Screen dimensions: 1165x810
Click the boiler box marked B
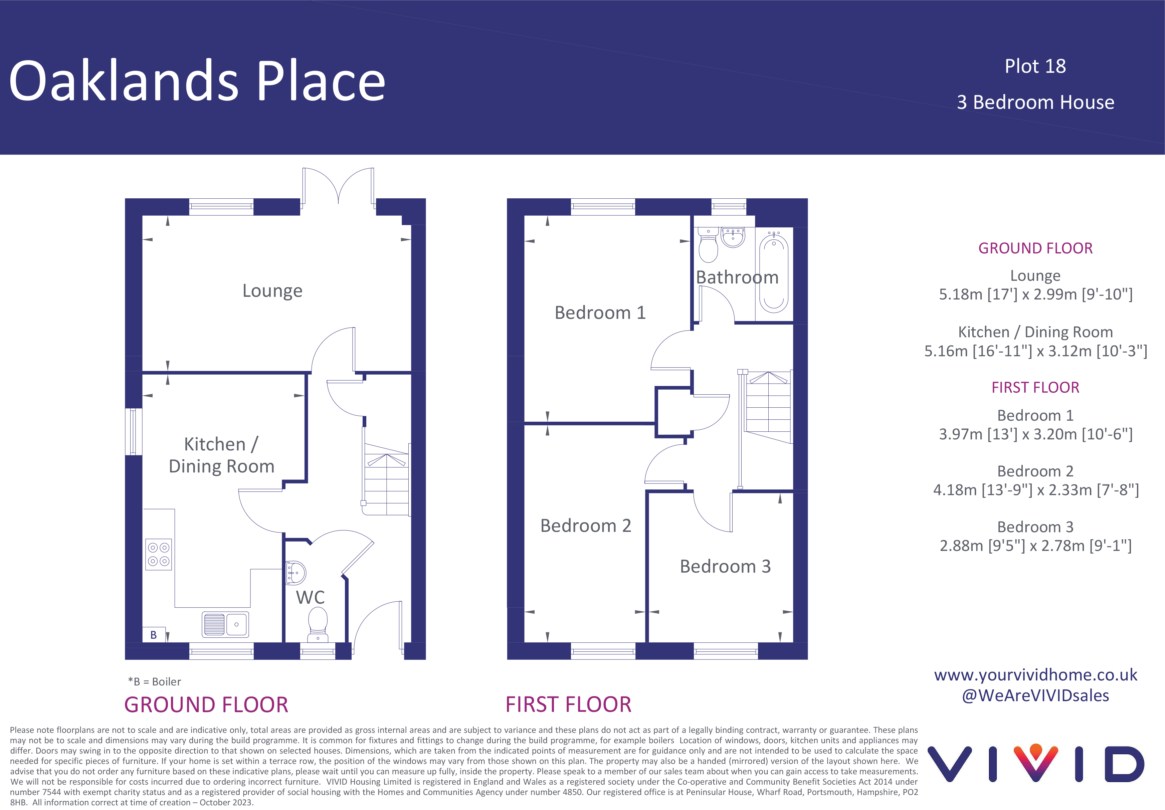pos(154,634)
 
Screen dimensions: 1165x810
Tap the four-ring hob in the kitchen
pos(158,554)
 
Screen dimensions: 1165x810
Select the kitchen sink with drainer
pos(225,624)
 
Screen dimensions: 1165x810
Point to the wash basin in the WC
pos(295,573)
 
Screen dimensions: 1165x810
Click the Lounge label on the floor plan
pos(272,291)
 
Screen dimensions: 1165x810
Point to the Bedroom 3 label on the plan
pos(725,566)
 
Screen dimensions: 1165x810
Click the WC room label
pos(310,597)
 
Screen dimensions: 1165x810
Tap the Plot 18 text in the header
pos(1035,66)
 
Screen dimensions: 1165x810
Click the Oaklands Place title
pos(197,80)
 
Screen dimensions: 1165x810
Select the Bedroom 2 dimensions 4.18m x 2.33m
pos(1036,490)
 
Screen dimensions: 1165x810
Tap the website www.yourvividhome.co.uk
pos(1036,675)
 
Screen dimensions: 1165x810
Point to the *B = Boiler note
pos(154,681)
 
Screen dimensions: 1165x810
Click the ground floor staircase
pos(386,479)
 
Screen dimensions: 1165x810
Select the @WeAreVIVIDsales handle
pos(1036,696)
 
